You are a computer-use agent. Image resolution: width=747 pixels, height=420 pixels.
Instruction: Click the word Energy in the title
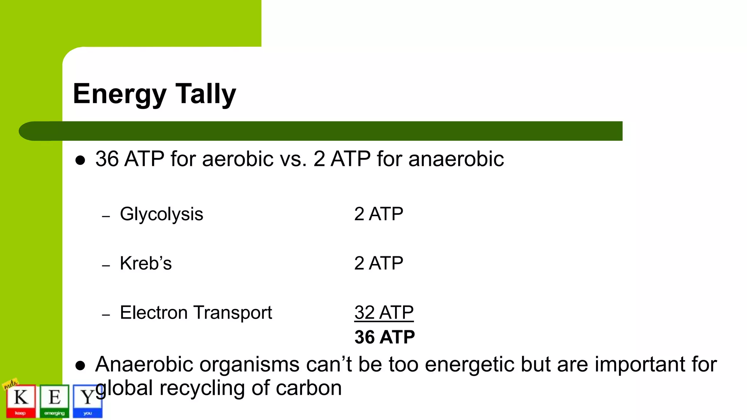120,94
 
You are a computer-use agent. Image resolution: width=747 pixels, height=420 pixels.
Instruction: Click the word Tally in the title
206,94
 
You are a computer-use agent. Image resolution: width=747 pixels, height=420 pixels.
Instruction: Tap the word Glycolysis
161,214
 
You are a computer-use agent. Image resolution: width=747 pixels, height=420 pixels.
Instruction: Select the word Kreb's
146,263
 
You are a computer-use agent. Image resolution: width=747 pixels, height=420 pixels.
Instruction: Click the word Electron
154,312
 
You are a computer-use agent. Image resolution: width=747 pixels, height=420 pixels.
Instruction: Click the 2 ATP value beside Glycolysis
379,214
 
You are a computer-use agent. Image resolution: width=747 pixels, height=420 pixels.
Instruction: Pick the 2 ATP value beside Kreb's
379,263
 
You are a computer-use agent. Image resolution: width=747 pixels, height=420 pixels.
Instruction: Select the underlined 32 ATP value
384,312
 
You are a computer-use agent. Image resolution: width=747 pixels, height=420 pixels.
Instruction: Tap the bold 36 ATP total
384,337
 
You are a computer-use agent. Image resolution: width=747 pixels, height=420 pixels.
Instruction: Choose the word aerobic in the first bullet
237,159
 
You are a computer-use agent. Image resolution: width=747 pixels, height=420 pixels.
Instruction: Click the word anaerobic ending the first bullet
456,159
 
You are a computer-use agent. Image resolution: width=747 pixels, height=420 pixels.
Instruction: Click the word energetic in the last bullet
470,364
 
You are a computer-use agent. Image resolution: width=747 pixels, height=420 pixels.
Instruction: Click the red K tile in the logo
21,400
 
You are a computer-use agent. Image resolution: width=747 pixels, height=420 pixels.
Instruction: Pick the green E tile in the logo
54,400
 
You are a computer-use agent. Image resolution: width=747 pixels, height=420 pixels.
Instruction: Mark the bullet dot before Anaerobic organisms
80,366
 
